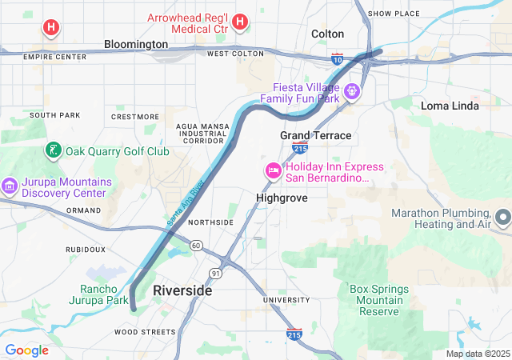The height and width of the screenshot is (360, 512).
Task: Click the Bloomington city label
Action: point(136,44)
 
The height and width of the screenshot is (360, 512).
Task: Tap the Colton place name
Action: point(327,34)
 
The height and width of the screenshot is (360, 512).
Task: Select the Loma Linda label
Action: point(450,106)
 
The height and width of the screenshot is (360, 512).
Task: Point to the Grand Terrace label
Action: point(315,135)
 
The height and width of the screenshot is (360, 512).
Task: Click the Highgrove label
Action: point(282,198)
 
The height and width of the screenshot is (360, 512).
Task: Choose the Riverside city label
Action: point(182,290)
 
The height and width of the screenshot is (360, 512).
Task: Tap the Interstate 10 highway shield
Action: point(338,58)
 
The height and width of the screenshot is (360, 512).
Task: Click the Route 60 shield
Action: point(196,245)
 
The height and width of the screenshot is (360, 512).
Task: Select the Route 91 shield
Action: point(216,273)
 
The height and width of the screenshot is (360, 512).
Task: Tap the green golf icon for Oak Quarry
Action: point(53,150)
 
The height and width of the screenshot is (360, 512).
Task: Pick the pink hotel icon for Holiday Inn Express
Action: point(273,170)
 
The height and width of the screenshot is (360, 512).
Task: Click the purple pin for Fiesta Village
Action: point(351,92)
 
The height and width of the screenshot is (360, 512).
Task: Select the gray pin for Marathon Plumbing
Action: point(503,217)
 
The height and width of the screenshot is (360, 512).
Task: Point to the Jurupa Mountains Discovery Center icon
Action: point(10,186)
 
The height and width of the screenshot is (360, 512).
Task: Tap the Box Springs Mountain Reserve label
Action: point(378,300)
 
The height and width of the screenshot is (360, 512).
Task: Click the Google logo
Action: point(26,350)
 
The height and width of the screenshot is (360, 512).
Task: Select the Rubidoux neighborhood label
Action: point(86,249)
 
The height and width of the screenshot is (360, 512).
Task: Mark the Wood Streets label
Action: point(144,331)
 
